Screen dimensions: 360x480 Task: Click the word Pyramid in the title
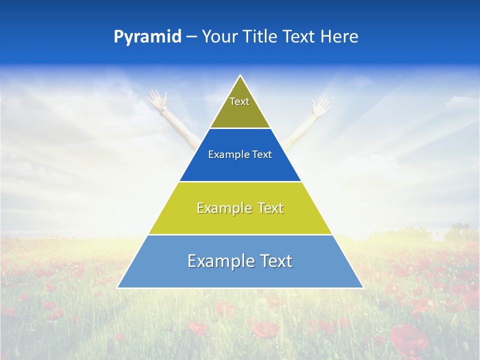click(147, 37)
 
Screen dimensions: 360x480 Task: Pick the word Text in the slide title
click(299, 37)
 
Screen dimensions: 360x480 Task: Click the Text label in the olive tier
click(239, 101)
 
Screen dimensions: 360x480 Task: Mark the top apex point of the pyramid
click(240, 75)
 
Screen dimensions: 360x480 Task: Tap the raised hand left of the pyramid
click(156, 99)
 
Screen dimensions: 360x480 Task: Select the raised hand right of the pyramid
click(320, 106)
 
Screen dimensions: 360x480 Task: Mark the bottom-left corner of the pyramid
click(117, 288)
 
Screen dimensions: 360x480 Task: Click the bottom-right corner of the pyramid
click(363, 288)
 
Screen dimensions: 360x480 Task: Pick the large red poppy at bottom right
click(409, 340)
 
